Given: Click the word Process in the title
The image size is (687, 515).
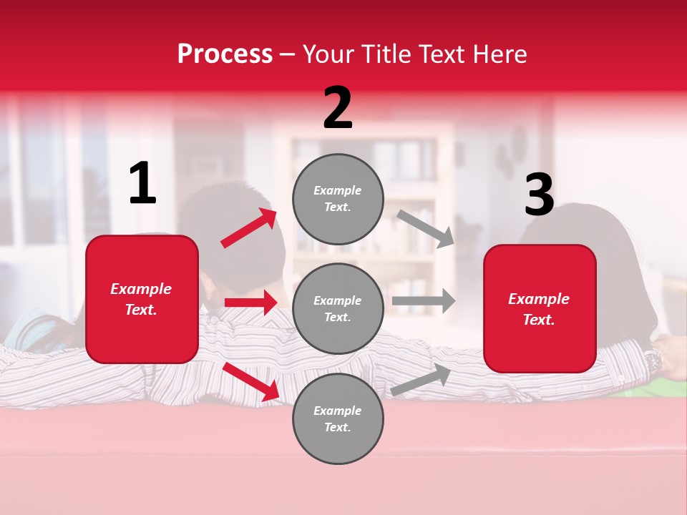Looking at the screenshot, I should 225,54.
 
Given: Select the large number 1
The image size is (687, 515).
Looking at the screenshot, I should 142,184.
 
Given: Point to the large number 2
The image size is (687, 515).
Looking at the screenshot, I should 338,108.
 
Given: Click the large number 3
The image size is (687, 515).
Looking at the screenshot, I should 539,195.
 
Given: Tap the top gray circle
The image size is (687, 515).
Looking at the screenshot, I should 338,199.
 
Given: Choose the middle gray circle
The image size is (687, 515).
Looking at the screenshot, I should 338,308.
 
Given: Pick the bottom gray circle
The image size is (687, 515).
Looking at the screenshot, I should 338,418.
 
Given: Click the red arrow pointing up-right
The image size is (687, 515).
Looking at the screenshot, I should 249,228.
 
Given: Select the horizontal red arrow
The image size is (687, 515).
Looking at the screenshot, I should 250,303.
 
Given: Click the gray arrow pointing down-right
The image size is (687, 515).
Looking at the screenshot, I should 425,228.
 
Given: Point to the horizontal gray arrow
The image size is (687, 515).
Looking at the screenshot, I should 424,301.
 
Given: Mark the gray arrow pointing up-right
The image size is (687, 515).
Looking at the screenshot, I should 422,380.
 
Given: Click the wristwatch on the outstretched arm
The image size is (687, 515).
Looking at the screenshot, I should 653,360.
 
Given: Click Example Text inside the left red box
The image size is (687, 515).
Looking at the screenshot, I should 142,299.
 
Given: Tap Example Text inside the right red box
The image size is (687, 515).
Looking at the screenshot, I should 539,309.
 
